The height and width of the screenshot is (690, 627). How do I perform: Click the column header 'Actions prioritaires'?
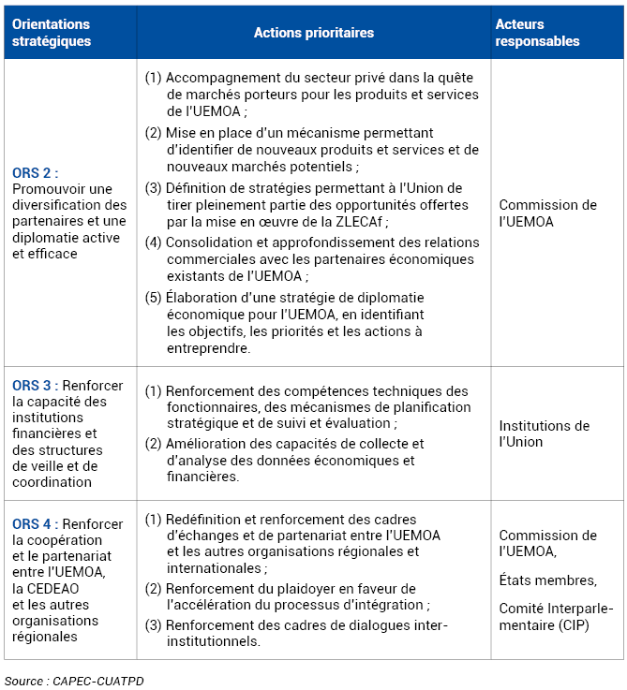[x=313, y=33]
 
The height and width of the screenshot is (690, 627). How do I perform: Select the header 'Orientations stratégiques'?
[x=52, y=33]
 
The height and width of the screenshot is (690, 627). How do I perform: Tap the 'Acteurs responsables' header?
[x=537, y=33]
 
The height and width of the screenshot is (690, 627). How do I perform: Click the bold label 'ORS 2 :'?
[x=36, y=173]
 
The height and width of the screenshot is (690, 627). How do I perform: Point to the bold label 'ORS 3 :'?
[x=36, y=386]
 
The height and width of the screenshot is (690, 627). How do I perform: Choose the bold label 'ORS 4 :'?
[x=36, y=524]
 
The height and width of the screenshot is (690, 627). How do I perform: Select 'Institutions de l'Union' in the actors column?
[x=544, y=433]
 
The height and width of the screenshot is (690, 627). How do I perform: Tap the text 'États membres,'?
[x=547, y=580]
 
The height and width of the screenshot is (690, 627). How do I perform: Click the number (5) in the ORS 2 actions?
[x=154, y=298]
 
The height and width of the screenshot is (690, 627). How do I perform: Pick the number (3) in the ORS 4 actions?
[x=154, y=625]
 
